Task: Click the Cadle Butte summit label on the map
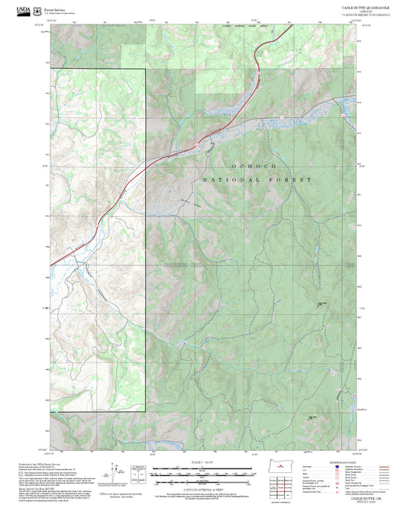pyautogui.click(x=321, y=303)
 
